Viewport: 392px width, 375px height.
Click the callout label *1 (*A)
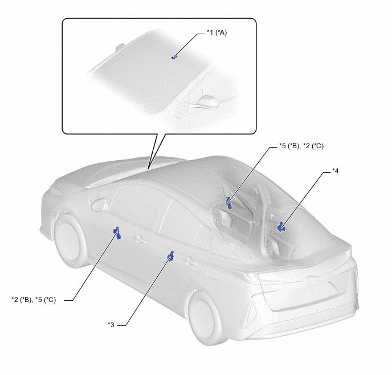[217, 32]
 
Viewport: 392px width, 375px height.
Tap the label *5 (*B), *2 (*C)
[301, 146]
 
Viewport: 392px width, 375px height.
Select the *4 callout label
[335, 171]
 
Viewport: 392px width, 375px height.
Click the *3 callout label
[111, 324]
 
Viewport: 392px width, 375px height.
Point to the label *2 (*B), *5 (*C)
[34, 300]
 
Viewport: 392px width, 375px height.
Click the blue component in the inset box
[174, 57]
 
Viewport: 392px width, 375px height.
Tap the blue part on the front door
[117, 233]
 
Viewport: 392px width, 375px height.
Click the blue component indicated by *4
[281, 227]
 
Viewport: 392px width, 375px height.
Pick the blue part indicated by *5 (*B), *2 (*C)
[229, 203]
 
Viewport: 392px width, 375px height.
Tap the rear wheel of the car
[206, 317]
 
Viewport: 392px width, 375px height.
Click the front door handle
[140, 239]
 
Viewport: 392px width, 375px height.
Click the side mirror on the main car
[99, 203]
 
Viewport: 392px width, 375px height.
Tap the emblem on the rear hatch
[311, 281]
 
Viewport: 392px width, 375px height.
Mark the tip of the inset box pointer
[148, 169]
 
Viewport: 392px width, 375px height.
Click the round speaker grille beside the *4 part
[270, 247]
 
